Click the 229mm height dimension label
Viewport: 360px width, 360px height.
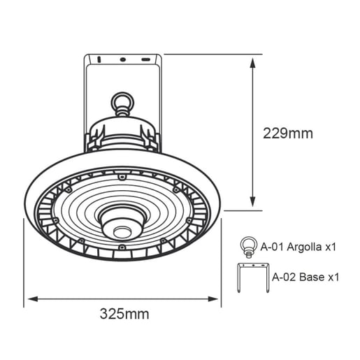(287, 133)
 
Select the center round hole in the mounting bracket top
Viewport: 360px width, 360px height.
(123, 60)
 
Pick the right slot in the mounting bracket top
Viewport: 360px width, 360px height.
(145, 60)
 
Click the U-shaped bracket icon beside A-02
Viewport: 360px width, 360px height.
(252, 277)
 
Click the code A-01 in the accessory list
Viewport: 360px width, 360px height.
(273, 247)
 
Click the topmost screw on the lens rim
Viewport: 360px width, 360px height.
(122, 178)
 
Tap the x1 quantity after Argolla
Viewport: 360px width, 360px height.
(332, 247)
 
